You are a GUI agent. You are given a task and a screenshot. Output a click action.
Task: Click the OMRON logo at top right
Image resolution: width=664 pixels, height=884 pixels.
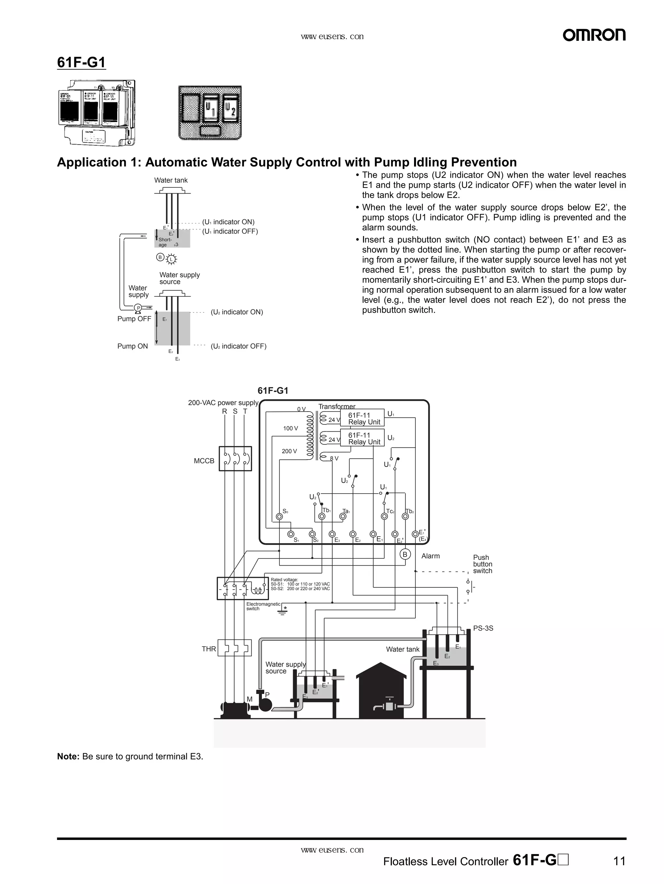click(x=594, y=35)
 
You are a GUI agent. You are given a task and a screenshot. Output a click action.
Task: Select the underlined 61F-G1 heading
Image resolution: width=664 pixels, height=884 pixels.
click(x=81, y=63)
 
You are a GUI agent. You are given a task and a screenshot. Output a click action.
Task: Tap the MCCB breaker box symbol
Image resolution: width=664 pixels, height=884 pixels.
click(x=235, y=459)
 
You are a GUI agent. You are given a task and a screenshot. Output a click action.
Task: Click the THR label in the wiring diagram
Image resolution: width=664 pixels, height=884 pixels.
click(x=208, y=649)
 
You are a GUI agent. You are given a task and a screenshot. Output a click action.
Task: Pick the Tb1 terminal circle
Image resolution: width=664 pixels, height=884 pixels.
click(x=322, y=516)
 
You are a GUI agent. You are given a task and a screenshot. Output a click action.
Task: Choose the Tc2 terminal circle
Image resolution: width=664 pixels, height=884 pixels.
click(x=384, y=516)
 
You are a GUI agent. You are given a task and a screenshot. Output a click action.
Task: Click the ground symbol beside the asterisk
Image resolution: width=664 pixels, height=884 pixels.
click(x=283, y=612)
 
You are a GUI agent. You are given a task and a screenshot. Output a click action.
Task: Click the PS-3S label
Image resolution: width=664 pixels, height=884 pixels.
click(x=483, y=628)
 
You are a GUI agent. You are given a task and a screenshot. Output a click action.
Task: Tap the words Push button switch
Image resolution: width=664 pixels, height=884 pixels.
click(x=482, y=564)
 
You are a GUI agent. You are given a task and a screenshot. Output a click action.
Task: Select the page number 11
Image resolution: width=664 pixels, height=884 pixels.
click(x=619, y=861)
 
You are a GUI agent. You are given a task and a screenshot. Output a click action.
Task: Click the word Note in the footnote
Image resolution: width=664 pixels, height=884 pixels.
click(x=68, y=756)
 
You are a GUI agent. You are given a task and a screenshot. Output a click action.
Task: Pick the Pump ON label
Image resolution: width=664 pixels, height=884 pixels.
click(x=132, y=346)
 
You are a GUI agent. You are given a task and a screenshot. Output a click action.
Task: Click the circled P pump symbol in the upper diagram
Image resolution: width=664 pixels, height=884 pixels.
click(x=138, y=308)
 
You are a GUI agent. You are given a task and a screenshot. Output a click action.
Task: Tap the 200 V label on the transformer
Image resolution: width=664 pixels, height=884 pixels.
click(x=289, y=451)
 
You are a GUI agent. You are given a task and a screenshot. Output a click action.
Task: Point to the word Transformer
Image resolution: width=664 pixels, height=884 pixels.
click(x=337, y=406)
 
